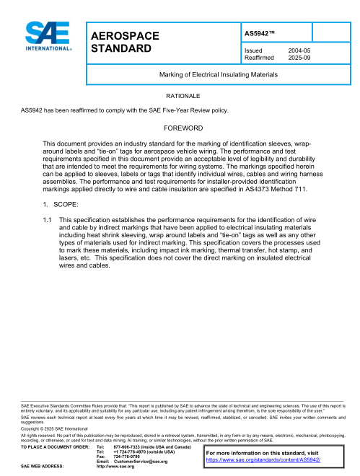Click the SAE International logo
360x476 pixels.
click(x=48, y=35)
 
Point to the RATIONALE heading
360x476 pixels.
click(x=183, y=95)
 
